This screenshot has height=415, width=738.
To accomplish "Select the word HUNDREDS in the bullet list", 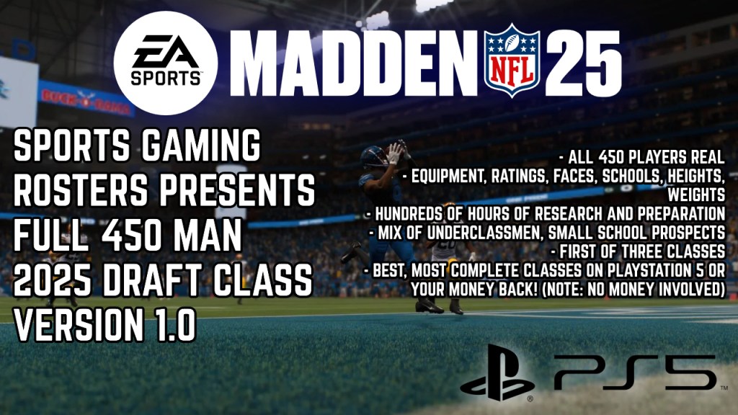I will pyautogui.click(x=412, y=214).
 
